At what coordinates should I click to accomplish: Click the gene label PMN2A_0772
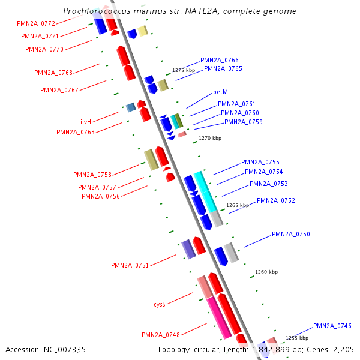(x=37, y=23)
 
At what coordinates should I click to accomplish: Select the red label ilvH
(x=86, y=122)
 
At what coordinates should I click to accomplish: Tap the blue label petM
(x=220, y=92)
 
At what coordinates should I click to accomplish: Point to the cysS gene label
(x=159, y=305)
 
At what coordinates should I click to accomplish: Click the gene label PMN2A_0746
(x=332, y=326)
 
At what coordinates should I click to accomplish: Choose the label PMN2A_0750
(x=290, y=234)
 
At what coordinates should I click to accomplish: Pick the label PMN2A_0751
(x=130, y=265)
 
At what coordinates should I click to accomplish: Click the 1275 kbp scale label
(x=184, y=70)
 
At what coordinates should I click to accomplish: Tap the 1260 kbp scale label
(x=266, y=272)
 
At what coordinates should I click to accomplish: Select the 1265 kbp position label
(x=238, y=205)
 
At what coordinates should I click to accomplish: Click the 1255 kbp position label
(x=296, y=338)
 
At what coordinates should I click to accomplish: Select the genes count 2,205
(x=342, y=349)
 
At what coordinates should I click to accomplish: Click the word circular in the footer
(x=212, y=349)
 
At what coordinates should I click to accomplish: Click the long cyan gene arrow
(x=205, y=191)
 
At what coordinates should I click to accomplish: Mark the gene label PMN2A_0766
(x=220, y=60)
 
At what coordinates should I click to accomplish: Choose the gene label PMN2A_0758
(x=92, y=175)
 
